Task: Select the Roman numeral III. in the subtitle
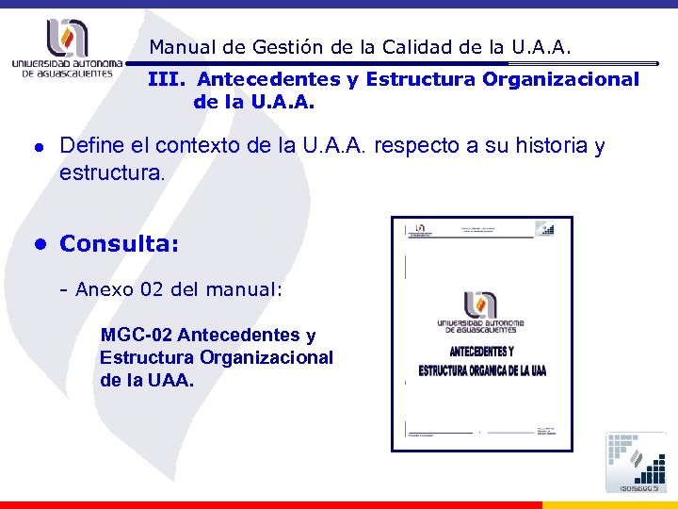[167, 80]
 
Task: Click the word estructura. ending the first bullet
[112, 173]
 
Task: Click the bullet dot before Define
[40, 148]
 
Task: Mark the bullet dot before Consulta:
[40, 244]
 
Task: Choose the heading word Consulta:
[119, 244]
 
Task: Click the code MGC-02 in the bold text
[136, 335]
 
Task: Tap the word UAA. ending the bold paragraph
[170, 380]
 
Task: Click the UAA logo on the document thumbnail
[480, 311]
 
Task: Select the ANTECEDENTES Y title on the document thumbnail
[480, 352]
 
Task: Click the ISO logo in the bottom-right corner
[637, 462]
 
